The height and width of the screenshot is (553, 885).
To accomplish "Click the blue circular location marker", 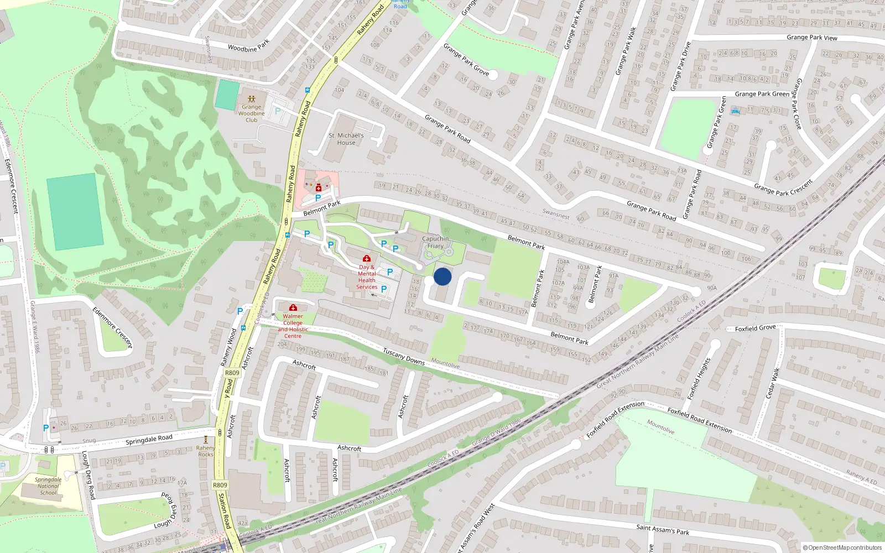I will pos(442,276).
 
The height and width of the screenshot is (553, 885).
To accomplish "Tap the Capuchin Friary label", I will pos(435,242).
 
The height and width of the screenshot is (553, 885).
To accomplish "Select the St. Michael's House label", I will pos(346,139).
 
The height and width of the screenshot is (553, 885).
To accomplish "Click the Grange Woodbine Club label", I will pos(252,113).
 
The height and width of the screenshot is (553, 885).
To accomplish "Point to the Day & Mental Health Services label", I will pos(366,276).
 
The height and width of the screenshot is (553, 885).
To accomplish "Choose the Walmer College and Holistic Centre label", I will pos(293,326).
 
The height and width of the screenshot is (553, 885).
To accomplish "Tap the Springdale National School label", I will pos(48,486).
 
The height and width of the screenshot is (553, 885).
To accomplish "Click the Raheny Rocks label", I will pos(206,451).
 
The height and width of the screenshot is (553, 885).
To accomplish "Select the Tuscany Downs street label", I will pos(404,357).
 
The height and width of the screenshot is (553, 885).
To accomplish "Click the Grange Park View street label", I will pos(811,38).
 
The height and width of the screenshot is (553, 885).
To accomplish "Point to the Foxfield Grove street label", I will pos(755,328).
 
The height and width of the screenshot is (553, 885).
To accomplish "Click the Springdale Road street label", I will pos(149,440).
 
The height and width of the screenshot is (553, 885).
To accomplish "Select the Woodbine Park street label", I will pos(249,45).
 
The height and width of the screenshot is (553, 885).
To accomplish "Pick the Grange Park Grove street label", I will pos(466,59).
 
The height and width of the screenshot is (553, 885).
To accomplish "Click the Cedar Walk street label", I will pos(772,383).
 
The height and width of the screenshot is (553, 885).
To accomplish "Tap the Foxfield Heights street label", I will pos(699,378).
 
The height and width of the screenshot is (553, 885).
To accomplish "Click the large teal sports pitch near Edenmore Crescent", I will pos(75,211).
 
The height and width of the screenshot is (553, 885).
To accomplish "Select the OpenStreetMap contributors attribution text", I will pos(842,547).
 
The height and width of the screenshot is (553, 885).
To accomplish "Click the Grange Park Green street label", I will pos(762,94).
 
